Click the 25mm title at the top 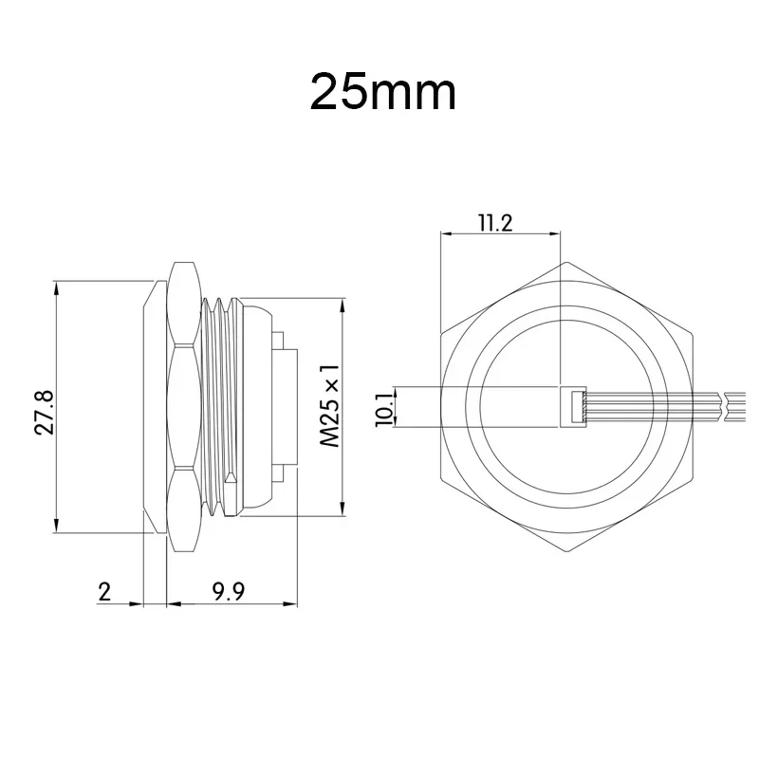(383, 92)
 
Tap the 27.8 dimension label (45, 413)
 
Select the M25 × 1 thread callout (330, 406)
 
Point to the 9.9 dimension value (229, 591)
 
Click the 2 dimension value (104, 591)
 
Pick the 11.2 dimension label (495, 223)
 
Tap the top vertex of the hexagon (566, 263)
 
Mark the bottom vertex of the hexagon (566, 552)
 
